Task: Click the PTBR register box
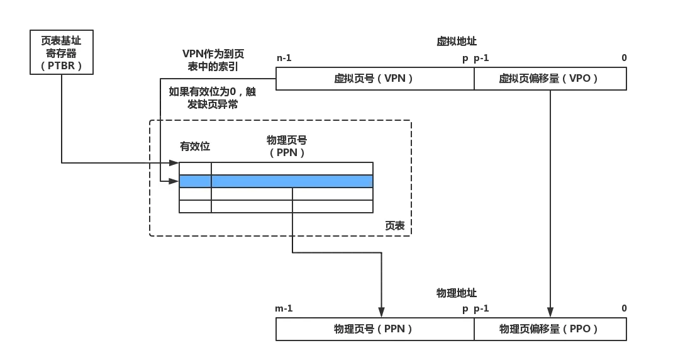click(x=61, y=52)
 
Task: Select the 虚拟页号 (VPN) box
click(x=375, y=79)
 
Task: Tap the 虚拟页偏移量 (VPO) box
click(x=550, y=79)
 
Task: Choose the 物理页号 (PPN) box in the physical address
click(x=375, y=329)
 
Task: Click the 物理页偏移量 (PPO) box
click(x=550, y=329)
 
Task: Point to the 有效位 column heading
click(x=195, y=147)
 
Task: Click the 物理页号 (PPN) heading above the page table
click(x=287, y=147)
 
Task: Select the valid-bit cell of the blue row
click(x=195, y=181)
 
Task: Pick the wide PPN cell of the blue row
click(x=292, y=181)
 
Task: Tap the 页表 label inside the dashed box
click(x=394, y=226)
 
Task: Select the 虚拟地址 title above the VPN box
click(x=457, y=42)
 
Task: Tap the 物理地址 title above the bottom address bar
click(x=455, y=293)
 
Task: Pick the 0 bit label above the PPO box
click(x=624, y=308)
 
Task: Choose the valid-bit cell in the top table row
click(x=195, y=168)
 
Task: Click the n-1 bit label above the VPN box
click(x=284, y=59)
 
